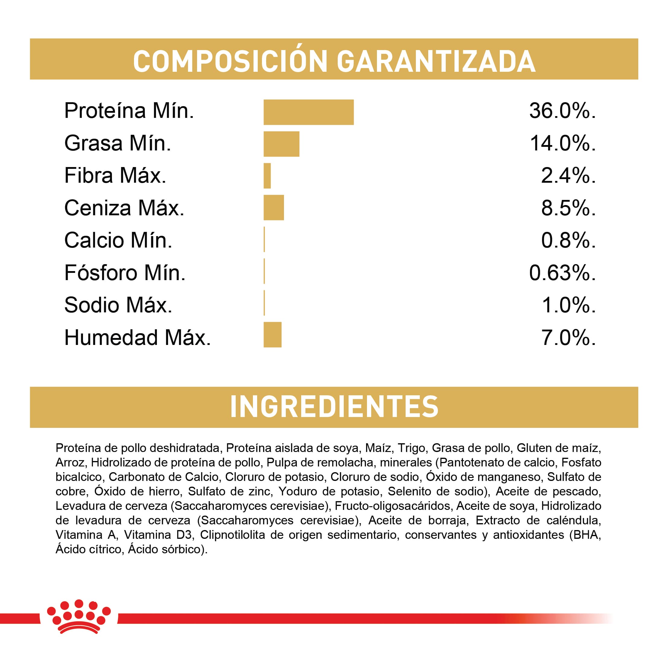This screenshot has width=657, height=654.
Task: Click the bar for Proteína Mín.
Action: (308, 112)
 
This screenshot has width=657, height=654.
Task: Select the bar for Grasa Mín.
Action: (281, 144)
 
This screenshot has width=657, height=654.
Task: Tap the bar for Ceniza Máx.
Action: (273, 207)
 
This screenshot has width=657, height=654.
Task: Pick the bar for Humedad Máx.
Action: (273, 335)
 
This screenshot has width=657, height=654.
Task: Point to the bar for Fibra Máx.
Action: (267, 176)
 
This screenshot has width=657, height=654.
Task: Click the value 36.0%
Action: (562, 111)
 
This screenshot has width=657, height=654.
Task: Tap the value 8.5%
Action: (568, 208)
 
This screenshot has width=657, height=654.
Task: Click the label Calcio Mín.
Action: (118, 240)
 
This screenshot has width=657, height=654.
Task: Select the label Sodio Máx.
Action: (118, 305)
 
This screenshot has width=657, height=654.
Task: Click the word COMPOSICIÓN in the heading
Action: (230, 62)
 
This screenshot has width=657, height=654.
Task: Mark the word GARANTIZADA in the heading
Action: (436, 62)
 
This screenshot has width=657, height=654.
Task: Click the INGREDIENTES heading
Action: (334, 407)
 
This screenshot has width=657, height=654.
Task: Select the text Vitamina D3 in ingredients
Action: (158, 535)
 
